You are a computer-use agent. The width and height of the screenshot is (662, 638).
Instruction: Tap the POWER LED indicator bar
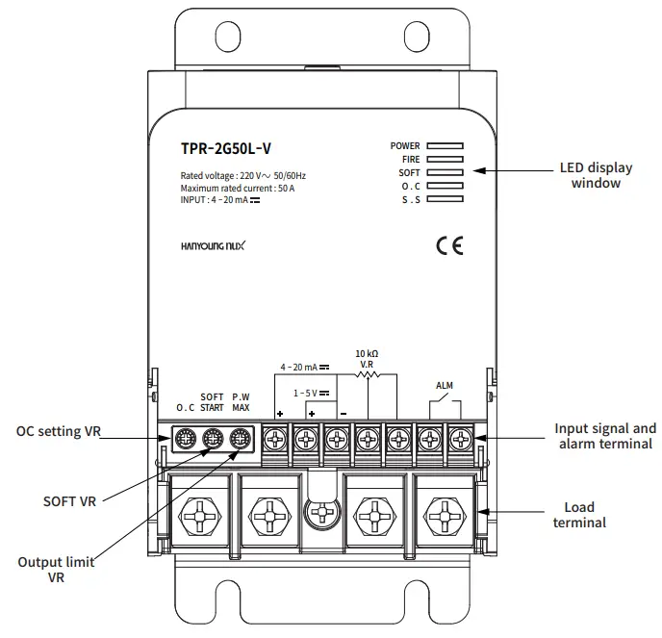(446, 146)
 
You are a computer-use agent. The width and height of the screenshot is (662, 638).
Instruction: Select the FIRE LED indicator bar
(446, 160)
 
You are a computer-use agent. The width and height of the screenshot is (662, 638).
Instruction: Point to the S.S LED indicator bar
(446, 199)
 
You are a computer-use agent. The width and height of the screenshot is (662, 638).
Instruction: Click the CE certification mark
(449, 246)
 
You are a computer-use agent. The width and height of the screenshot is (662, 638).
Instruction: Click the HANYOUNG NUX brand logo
(214, 246)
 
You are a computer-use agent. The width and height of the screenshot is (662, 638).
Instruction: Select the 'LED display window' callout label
(596, 174)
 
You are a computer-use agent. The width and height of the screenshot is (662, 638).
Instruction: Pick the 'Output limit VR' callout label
(55, 569)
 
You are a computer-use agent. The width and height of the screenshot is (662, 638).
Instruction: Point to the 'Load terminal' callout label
(578, 515)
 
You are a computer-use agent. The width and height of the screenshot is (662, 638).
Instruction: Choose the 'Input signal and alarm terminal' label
(605, 435)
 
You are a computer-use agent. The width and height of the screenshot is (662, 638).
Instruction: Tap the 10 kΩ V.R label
(367, 359)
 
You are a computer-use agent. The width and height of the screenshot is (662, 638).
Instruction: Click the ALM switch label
(444, 385)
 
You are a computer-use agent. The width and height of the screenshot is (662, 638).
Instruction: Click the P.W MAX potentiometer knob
(241, 439)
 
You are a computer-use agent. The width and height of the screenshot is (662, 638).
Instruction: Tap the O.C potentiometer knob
(185, 439)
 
